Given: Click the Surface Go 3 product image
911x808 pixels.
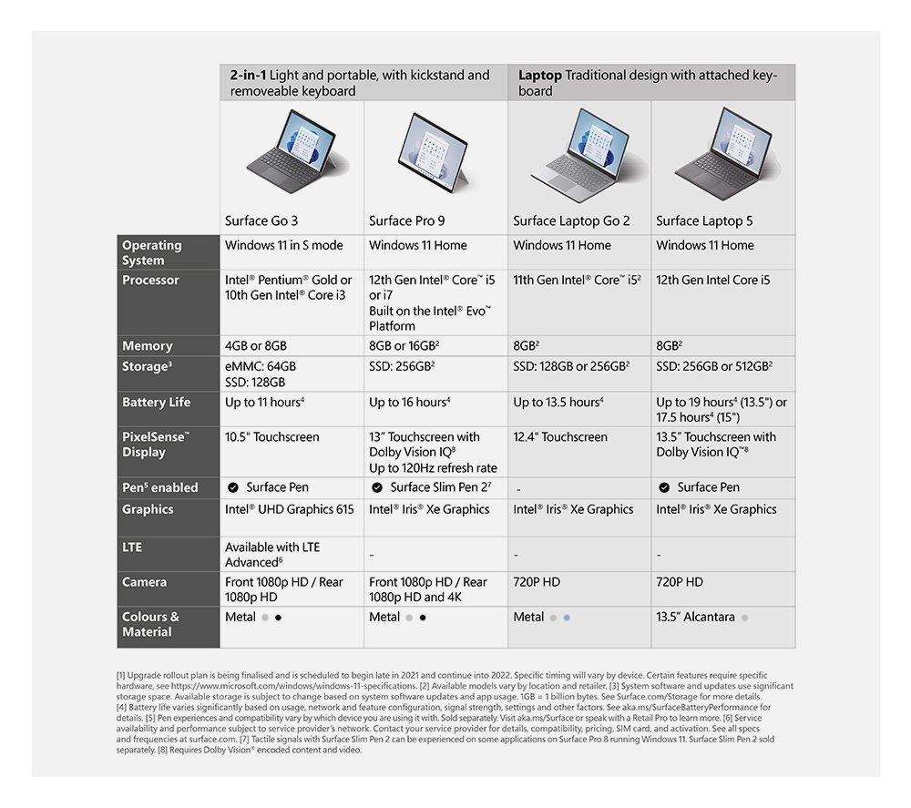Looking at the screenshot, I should (291, 154).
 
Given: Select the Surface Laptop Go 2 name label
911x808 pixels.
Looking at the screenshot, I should (571, 220).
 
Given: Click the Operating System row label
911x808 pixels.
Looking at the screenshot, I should (152, 252).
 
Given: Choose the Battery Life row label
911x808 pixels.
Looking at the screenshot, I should (157, 402).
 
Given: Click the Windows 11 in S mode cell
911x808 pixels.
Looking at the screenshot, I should (284, 245).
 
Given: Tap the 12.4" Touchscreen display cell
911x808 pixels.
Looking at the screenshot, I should (560, 437).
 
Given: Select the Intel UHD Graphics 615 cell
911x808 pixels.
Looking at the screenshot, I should (290, 509).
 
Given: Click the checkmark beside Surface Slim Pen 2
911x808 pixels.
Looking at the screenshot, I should (376, 487).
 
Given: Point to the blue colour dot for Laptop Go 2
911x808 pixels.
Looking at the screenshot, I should (567, 618).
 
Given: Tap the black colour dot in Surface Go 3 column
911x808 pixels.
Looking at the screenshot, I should (278, 618).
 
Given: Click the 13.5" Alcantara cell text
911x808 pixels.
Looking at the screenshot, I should (695, 617).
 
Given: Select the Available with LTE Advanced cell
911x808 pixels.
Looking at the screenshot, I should (272, 555).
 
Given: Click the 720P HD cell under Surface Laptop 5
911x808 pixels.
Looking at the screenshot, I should (680, 582).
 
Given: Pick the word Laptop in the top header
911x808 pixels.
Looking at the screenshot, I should (539, 75).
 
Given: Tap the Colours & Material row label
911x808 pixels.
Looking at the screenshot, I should (151, 624).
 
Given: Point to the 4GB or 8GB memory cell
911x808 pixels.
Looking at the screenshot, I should (256, 346).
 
